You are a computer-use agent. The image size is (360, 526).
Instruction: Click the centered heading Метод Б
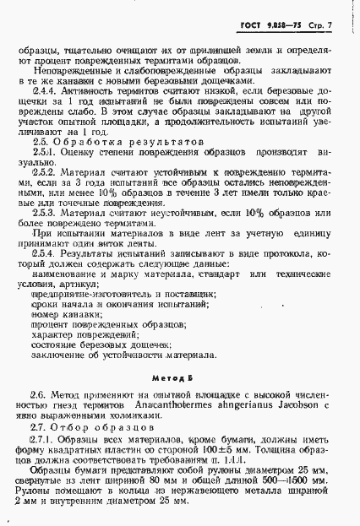[x=180, y=382]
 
